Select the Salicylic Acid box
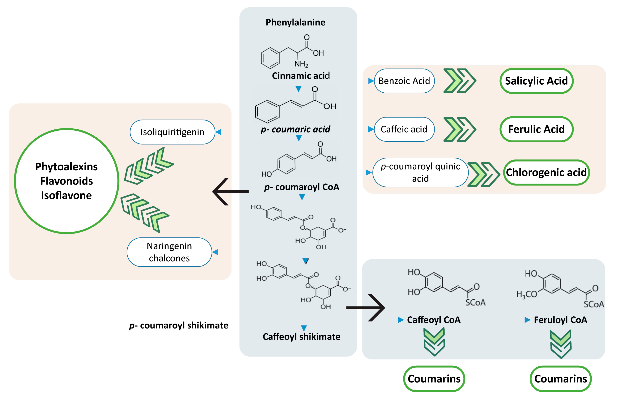(536, 81)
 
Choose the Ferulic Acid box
(536, 129)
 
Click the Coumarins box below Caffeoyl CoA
(434, 379)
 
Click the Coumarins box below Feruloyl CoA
(560, 379)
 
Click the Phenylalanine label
(295, 22)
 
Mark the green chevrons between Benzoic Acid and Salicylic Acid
(459, 81)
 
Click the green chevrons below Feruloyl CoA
(560, 344)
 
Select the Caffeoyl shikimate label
(301, 337)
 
